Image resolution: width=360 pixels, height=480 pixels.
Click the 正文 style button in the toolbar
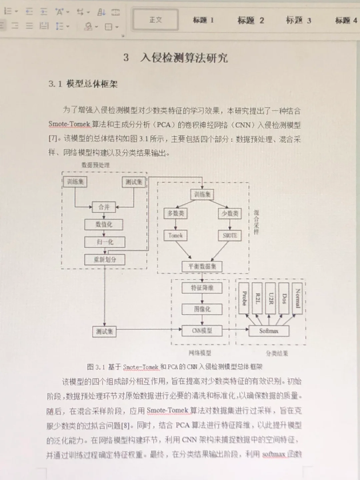pos(156,20)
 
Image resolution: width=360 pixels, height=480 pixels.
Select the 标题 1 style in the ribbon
pos(203,20)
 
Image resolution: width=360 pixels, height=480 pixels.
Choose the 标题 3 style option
pos(298,20)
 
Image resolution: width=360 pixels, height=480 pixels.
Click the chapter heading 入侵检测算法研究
pos(184,58)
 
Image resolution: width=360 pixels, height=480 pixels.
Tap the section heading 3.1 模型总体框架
pos(83,84)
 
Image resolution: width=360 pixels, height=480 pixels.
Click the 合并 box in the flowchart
pos(104,207)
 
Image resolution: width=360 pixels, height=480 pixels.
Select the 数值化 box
pos(104,224)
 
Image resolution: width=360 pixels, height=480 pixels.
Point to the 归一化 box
pos(105,242)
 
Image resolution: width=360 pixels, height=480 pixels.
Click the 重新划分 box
pos(105,259)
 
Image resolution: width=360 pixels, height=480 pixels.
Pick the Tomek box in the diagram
pos(175,235)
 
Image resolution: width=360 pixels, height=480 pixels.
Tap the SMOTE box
pos(230,235)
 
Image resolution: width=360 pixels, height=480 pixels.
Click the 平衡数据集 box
pos(202,266)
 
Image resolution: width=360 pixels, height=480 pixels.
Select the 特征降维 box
pos(202,288)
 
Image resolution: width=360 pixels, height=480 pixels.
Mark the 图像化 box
pos(202,309)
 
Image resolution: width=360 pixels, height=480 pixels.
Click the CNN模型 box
pos(202,331)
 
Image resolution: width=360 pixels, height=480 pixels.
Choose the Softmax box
pos(269,331)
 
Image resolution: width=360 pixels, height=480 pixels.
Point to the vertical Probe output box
pos(244,298)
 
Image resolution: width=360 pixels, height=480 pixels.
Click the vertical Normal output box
pos(297,298)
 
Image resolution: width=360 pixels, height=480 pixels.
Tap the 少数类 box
pos(230,213)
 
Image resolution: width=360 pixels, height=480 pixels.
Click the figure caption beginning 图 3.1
pos(174,367)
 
